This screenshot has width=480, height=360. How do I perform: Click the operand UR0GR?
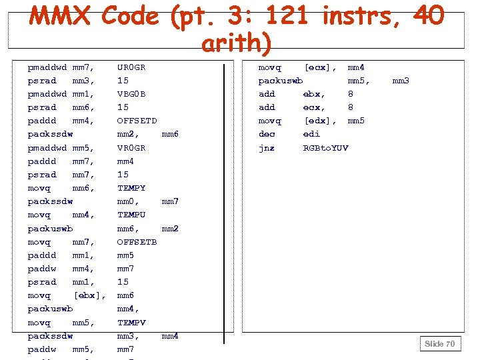[131, 67]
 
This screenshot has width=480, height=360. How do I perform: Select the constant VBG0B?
[131, 94]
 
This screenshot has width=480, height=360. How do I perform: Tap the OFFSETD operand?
[137, 121]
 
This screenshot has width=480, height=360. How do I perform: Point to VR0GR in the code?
[131, 148]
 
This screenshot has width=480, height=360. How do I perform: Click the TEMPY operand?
[131, 188]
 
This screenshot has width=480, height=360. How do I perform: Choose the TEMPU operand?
[131, 215]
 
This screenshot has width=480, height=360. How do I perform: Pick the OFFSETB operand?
[137, 242]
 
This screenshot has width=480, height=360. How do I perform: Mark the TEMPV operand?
[131, 323]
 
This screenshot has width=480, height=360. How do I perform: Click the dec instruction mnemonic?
[267, 134]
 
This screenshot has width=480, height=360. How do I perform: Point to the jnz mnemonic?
[267, 148]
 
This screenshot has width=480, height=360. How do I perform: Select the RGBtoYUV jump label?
[325, 148]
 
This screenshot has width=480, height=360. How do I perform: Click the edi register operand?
[311, 134]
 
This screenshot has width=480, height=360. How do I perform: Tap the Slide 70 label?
[440, 343]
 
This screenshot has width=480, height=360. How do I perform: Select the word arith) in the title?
[236, 43]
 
